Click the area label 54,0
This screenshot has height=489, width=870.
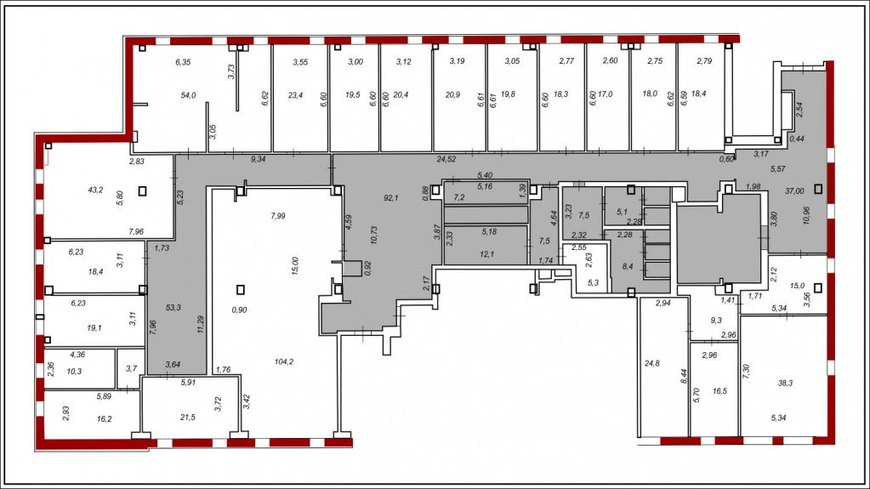click(x=188, y=95)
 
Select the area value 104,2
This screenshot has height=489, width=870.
click(x=284, y=362)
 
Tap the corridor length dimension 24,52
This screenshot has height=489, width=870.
click(x=446, y=159)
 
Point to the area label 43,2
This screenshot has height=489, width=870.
click(x=95, y=190)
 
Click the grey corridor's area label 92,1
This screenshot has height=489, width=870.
click(x=391, y=197)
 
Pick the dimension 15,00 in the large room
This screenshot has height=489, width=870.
click(x=295, y=266)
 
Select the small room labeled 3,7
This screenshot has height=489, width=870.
click(x=131, y=368)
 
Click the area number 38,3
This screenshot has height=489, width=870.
click(x=785, y=383)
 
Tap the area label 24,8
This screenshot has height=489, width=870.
click(x=652, y=363)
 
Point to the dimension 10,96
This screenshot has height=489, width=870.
click(x=806, y=215)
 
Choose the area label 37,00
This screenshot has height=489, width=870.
click(x=794, y=191)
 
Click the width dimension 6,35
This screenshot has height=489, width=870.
click(x=183, y=62)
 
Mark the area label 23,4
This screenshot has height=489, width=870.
click(x=296, y=95)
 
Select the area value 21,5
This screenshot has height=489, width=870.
click(x=188, y=418)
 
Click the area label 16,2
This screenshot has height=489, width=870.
click(x=105, y=419)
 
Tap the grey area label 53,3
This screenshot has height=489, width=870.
click(x=173, y=308)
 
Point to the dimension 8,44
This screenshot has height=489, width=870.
click(x=684, y=377)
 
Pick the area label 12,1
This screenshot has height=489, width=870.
click(x=487, y=254)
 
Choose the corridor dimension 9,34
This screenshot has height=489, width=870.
click(x=258, y=159)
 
